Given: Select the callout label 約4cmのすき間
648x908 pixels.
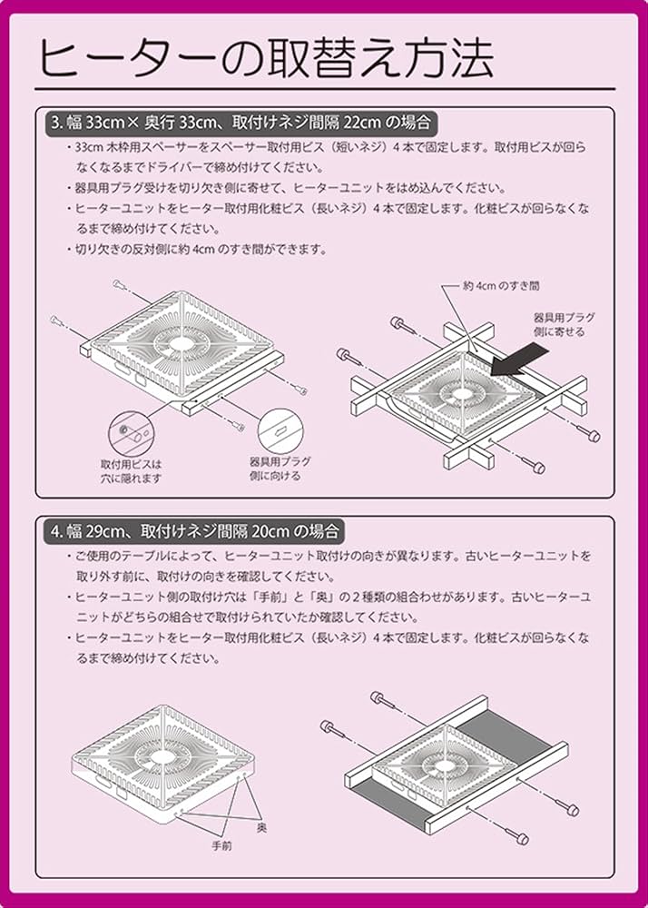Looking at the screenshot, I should point(501,285).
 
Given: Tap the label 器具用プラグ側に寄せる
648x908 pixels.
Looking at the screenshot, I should point(564,325).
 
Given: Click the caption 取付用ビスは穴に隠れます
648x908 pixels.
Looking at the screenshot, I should point(131,470).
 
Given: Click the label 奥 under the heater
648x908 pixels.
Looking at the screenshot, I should point(261,828).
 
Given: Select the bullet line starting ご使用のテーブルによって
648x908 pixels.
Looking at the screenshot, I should point(331,556).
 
